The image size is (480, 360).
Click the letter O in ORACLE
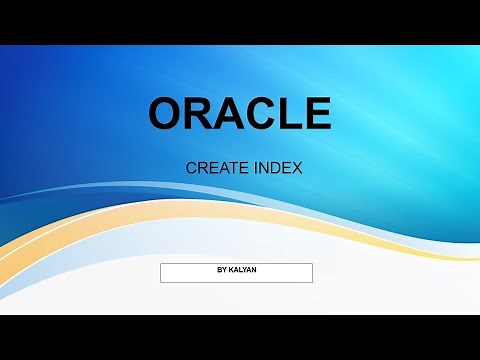[x=166, y=114]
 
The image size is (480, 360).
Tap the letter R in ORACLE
[x=199, y=114]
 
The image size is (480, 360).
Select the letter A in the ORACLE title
[x=230, y=114]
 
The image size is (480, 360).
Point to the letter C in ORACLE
[x=261, y=114]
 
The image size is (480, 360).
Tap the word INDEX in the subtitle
[x=277, y=168]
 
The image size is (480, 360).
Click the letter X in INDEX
[x=297, y=168]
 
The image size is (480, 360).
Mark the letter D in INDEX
[x=275, y=168]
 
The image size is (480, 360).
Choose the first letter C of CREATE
[x=191, y=168]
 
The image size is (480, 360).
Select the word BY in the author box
[x=221, y=269]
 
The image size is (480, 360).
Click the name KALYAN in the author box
[x=242, y=269]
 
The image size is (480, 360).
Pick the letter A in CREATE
[x=219, y=168]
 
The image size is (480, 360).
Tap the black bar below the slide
[x=240, y=337]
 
